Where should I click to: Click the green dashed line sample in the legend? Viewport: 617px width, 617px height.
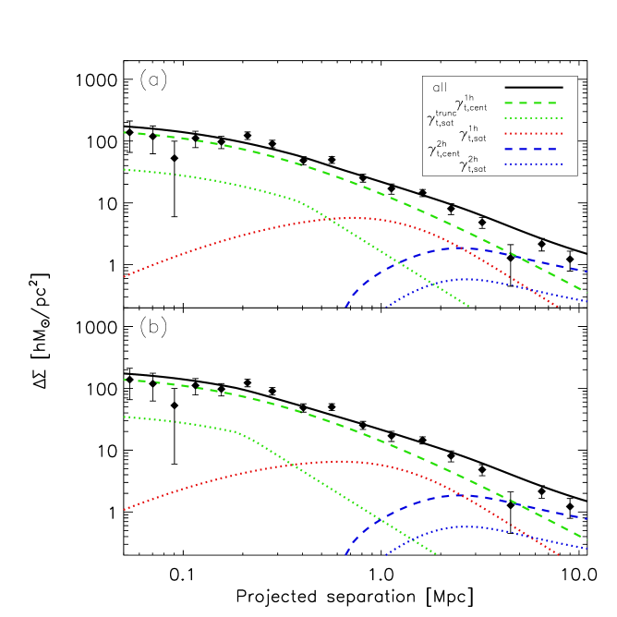click(x=530, y=103)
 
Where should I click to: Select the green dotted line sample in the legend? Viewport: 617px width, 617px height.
click(x=533, y=118)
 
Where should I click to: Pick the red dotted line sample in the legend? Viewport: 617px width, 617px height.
click(x=533, y=134)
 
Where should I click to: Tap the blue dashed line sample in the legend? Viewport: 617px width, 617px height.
click(x=530, y=149)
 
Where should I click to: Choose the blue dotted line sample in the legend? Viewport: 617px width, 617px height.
click(x=533, y=164)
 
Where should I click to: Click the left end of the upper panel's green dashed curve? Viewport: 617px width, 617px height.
click(x=124, y=132)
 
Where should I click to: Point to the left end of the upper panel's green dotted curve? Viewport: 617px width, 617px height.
click(x=124, y=169)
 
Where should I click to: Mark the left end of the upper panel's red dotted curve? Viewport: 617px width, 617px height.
click(x=124, y=276)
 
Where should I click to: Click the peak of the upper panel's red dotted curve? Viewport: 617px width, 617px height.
click(x=356, y=218)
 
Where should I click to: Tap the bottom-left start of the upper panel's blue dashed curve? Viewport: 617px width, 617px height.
click(x=345, y=307)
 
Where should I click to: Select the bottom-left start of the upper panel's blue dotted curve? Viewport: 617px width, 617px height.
click(x=386, y=308)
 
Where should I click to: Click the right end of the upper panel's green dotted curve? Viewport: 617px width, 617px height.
click(x=469, y=306)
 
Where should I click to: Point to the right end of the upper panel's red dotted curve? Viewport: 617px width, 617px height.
click(x=558, y=307)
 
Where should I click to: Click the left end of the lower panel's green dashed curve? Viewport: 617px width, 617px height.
click(x=124, y=380)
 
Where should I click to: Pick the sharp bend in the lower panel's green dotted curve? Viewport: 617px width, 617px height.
click(x=238, y=431)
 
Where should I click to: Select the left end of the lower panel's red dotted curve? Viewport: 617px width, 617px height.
click(x=124, y=509)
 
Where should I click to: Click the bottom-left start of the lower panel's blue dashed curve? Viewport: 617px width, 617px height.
click(x=345, y=555)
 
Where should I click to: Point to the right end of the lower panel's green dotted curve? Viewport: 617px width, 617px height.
click(x=436, y=554)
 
